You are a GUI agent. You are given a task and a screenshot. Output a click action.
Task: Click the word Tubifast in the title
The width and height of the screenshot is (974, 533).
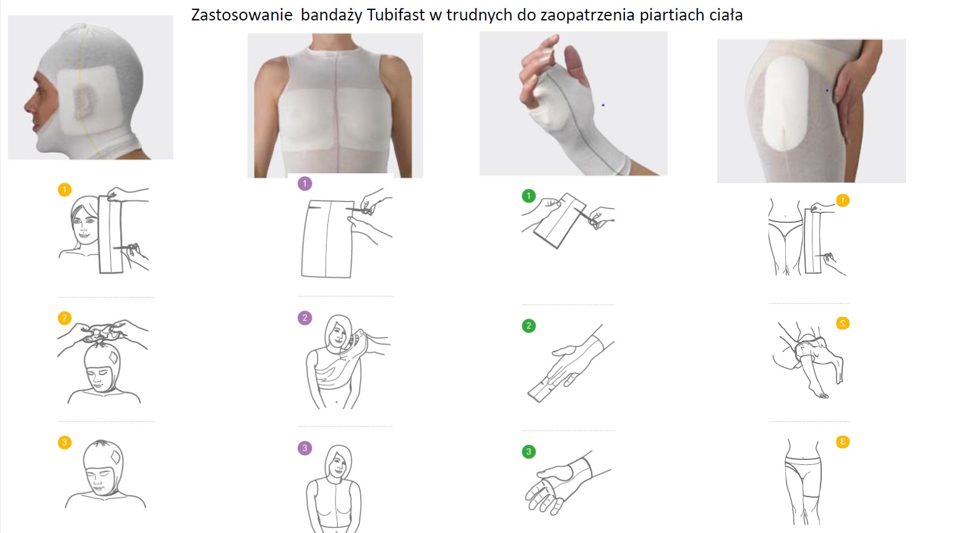pos(395,15)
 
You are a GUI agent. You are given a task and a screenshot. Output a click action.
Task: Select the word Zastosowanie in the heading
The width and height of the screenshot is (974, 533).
pos(242,15)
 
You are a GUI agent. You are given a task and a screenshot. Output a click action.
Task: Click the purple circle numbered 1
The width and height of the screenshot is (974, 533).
pos(305,184)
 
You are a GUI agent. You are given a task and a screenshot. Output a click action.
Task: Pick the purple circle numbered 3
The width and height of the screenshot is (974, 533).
pos(305,448)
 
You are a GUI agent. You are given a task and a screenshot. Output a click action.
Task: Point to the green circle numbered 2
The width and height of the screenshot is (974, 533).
pos(528,326)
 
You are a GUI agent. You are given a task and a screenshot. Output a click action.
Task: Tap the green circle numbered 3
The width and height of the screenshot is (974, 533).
pos(528,452)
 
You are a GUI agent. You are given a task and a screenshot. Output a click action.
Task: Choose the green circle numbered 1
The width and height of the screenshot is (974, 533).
pos(528,196)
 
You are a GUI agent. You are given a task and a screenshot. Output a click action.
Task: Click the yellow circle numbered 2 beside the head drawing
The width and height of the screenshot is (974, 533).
pos(65,318)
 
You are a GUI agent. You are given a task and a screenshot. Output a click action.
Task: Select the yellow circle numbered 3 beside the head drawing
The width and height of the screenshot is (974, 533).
pos(65,443)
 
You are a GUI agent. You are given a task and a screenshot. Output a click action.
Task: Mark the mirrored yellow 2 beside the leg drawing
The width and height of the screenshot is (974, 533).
pos(843,323)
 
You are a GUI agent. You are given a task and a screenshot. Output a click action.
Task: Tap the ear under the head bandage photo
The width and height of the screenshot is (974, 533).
pos(84,102)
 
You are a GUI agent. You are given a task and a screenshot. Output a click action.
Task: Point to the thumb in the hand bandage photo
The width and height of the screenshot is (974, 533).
pos(577,65)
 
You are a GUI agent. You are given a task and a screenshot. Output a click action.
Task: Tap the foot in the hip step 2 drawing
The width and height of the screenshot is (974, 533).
pos(818,391)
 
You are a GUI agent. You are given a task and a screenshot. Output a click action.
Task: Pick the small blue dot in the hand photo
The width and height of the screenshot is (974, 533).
pos(603,105)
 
